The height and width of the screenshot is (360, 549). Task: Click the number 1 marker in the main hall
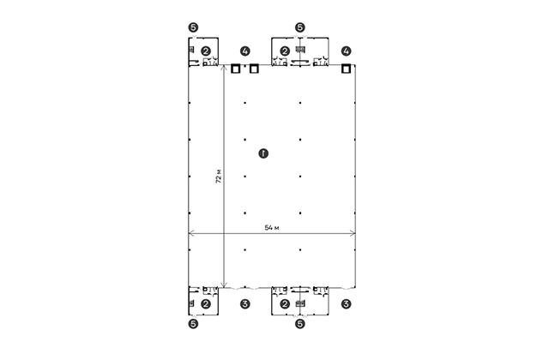(263, 153)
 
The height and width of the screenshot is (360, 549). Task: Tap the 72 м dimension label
(219, 177)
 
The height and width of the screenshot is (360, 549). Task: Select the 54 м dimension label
(272, 228)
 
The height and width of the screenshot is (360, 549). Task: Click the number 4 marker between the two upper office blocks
(245, 51)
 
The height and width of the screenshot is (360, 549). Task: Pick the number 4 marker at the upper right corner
(346, 51)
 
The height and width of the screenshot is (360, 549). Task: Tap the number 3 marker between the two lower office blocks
(245, 304)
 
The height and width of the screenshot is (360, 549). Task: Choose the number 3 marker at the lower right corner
(346, 304)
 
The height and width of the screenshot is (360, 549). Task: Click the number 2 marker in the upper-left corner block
(206, 51)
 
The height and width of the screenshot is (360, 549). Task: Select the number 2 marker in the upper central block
(285, 51)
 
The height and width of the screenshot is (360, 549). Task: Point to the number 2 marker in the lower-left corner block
(206, 304)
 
